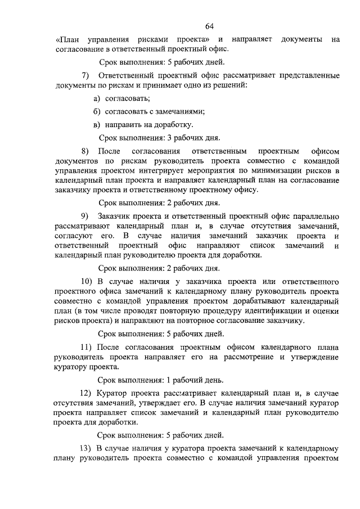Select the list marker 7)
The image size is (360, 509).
pos(86,75)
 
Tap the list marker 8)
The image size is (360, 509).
pos(86,151)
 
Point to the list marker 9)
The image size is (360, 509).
pos(86,217)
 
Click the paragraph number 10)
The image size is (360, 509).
pos(88,280)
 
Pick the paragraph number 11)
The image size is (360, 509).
pos(88,345)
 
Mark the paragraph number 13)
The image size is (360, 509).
pos(88,448)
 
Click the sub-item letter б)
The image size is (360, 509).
pos(97,111)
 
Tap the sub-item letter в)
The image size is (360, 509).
pos(97,124)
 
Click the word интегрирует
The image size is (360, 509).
pos(192,171)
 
